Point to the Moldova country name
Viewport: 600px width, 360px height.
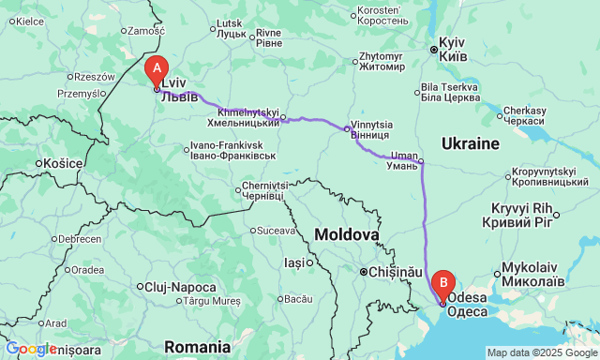[347, 232]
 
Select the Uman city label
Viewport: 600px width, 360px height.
[404, 159]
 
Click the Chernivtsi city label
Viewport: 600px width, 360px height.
[262, 190]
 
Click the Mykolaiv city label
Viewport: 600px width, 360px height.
[533, 274]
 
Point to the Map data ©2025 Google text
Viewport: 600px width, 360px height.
[540, 352]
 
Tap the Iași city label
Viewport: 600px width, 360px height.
[296, 263]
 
